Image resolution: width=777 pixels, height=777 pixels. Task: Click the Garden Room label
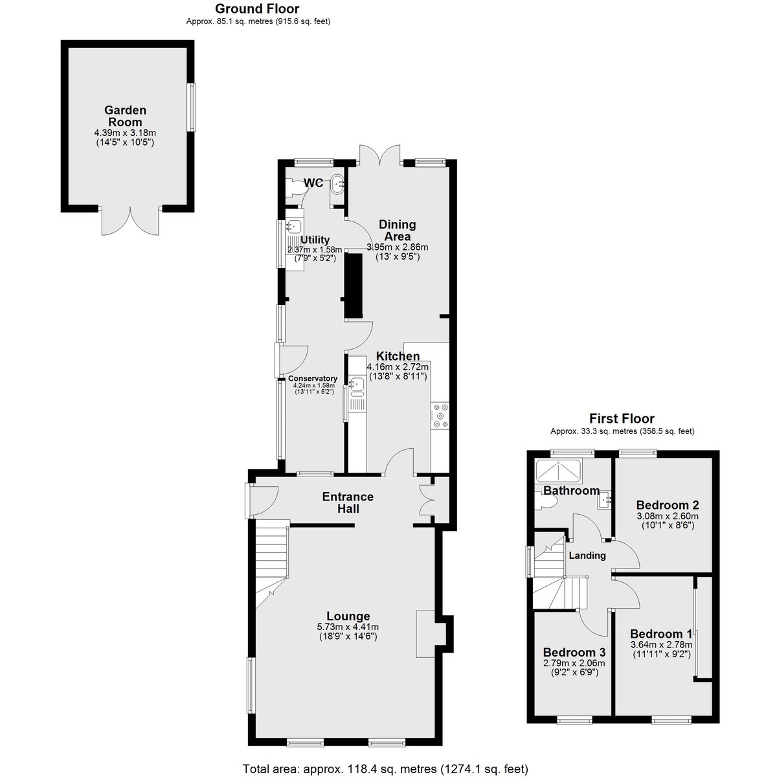[x=125, y=116]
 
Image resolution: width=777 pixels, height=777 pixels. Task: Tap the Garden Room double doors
[x=130, y=221]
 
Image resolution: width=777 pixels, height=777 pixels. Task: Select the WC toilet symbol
[x=295, y=188]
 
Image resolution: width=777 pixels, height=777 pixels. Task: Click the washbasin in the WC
[x=337, y=184]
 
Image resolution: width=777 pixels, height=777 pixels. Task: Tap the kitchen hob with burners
[x=440, y=416]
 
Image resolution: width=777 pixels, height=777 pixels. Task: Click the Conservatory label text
[x=313, y=378]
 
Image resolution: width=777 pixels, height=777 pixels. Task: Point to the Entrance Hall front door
[x=262, y=501]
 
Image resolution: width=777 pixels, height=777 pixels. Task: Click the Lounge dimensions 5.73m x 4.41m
[x=348, y=627]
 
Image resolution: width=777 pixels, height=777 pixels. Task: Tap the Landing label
[x=587, y=555]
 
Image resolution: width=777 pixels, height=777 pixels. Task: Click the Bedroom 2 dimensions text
[x=668, y=521]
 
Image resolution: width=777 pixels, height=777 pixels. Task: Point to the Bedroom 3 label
[x=574, y=652]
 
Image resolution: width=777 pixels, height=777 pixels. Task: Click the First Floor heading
[x=622, y=418]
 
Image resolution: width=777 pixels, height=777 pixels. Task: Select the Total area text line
[x=385, y=769]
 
